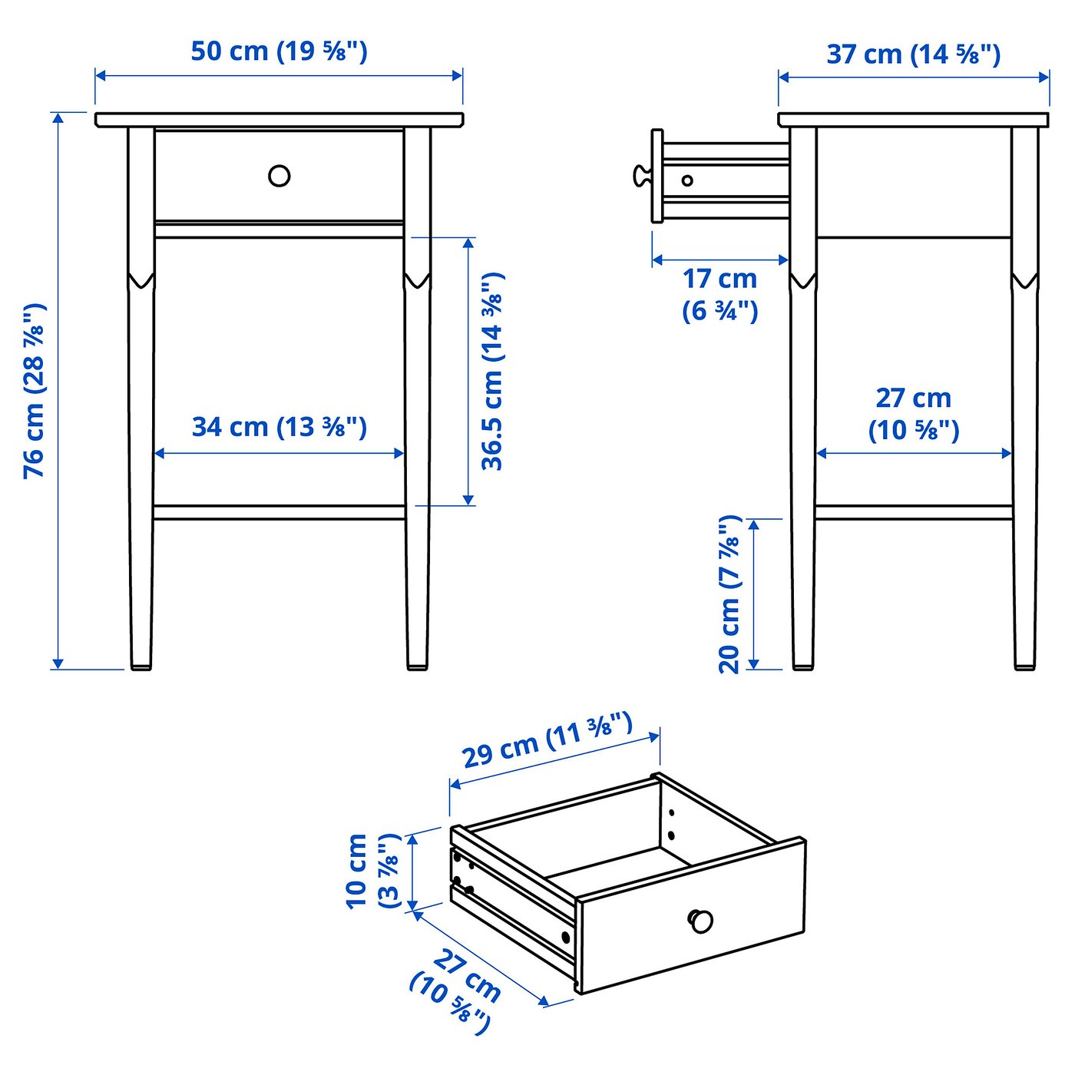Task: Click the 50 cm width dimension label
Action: coord(279,51)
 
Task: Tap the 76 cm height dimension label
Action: coord(35,392)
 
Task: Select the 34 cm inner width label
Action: coord(279,427)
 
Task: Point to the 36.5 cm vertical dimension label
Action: coord(492,371)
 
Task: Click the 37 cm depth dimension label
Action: coord(913,55)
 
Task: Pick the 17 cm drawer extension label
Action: coord(719,294)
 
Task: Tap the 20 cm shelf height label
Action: coord(729,594)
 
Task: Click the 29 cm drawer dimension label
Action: coord(547,740)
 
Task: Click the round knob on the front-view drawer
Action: coord(279,176)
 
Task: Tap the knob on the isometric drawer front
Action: coord(700,921)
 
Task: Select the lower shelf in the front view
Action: coord(279,512)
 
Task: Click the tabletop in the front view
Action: coord(279,119)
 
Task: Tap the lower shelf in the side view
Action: coord(913,512)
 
